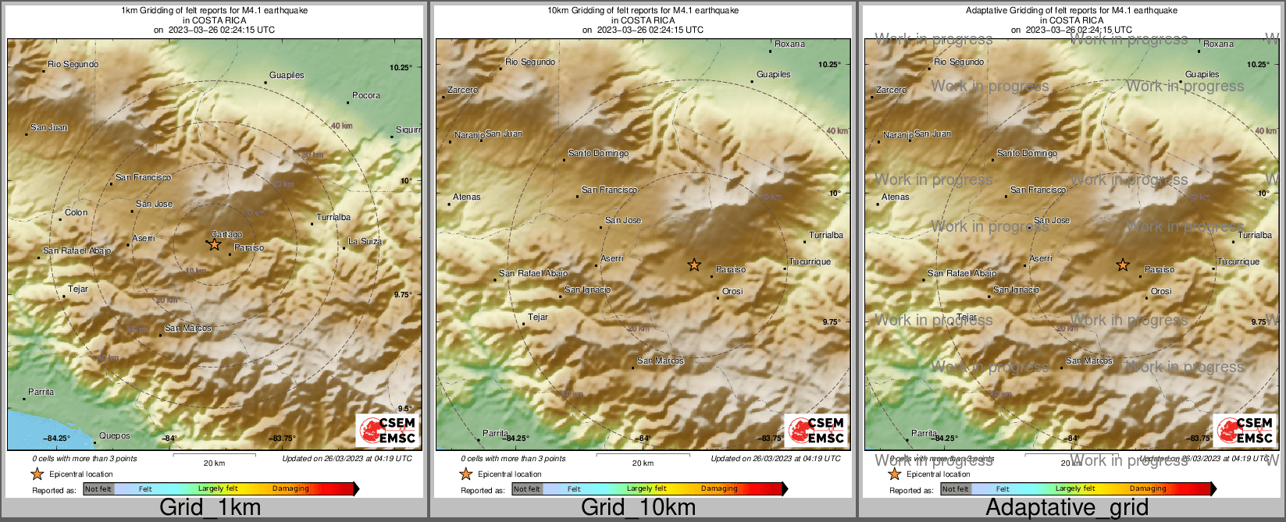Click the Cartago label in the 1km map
click(x=226, y=234)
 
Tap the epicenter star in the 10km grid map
click(x=693, y=265)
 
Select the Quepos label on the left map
click(x=115, y=436)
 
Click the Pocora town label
click(x=365, y=96)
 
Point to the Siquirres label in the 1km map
click(x=408, y=130)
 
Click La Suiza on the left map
click(x=365, y=242)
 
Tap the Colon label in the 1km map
click(x=76, y=212)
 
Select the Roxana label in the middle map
click(x=789, y=44)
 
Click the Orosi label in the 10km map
click(x=732, y=292)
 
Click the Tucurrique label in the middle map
click(x=810, y=262)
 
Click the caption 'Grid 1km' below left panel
click(x=210, y=507)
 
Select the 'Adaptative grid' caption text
click(x=1067, y=507)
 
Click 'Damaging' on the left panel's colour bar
click(x=290, y=489)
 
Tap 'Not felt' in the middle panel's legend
click(x=526, y=489)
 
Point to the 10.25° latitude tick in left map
click(x=401, y=68)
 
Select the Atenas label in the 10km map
click(x=467, y=197)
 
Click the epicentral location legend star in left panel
click(x=37, y=474)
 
